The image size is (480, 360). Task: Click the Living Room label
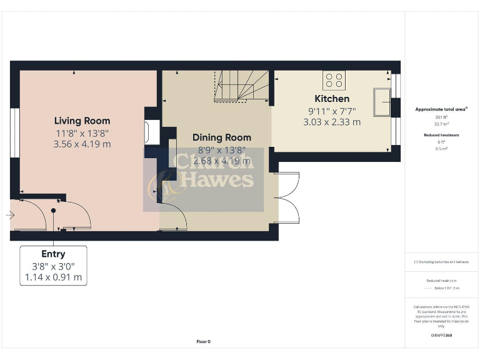click(x=82, y=121)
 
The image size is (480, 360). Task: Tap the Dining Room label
click(x=221, y=137)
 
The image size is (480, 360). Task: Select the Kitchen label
click(x=331, y=99)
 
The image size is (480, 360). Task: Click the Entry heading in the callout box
click(x=53, y=254)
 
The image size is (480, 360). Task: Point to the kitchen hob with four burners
click(x=334, y=80)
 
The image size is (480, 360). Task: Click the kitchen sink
click(x=381, y=102)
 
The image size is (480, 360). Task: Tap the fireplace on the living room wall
click(x=147, y=132)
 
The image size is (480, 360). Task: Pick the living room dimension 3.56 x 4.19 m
click(x=82, y=144)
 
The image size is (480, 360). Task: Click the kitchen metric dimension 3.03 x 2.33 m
click(x=331, y=122)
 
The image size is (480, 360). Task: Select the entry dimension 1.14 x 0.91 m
click(x=53, y=277)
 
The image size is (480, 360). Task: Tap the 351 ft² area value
click(x=441, y=117)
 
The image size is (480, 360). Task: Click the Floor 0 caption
click(x=203, y=342)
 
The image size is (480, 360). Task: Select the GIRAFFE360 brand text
click(x=441, y=336)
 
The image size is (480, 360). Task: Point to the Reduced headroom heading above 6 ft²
click(x=441, y=135)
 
